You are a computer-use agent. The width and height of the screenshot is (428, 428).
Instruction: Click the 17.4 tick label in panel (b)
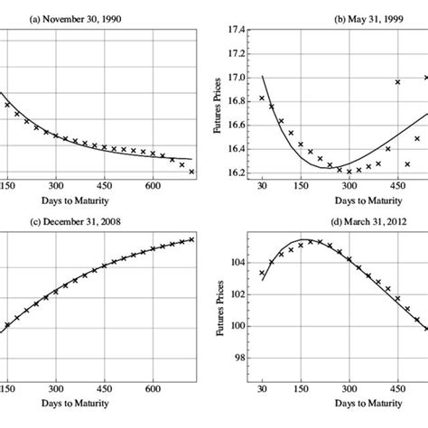click(239, 30)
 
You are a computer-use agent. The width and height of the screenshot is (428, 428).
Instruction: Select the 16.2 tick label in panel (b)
click(239, 172)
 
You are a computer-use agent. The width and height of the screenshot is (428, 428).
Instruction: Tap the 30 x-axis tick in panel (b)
click(262, 184)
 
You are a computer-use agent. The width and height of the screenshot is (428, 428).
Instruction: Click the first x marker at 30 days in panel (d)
click(262, 273)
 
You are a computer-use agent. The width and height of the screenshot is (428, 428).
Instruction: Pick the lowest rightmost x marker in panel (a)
click(191, 171)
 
